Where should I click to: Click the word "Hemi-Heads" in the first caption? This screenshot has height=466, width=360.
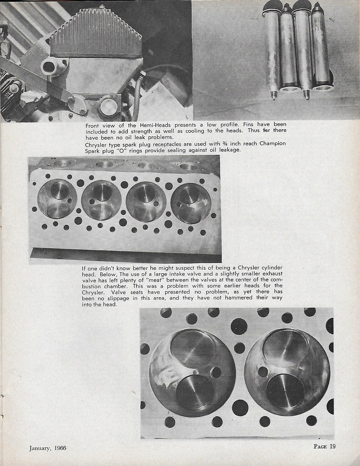click(x=137, y=124)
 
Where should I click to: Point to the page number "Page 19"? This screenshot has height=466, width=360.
click(x=324, y=447)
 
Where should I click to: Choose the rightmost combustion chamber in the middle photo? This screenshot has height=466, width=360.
click(x=191, y=203)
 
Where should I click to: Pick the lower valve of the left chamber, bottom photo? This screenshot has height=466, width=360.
click(x=194, y=393)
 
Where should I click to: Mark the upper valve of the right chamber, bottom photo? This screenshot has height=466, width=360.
click(x=285, y=346)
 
